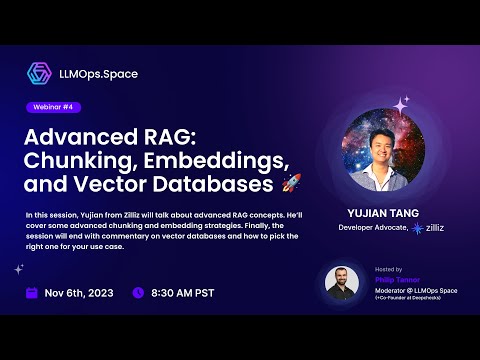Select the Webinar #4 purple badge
(55, 107)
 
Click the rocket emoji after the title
(291, 184)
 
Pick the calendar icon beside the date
(31, 294)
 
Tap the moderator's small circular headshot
(342, 283)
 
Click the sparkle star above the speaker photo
(403, 103)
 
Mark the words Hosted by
(386, 270)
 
